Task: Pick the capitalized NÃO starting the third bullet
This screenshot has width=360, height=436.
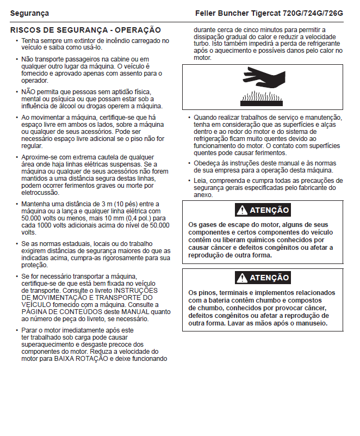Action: pyautogui.click(x=29, y=91)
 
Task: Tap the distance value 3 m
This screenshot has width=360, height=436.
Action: pyautogui.click(x=102, y=204)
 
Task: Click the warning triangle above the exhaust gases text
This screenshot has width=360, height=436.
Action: pyautogui.click(x=241, y=210)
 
